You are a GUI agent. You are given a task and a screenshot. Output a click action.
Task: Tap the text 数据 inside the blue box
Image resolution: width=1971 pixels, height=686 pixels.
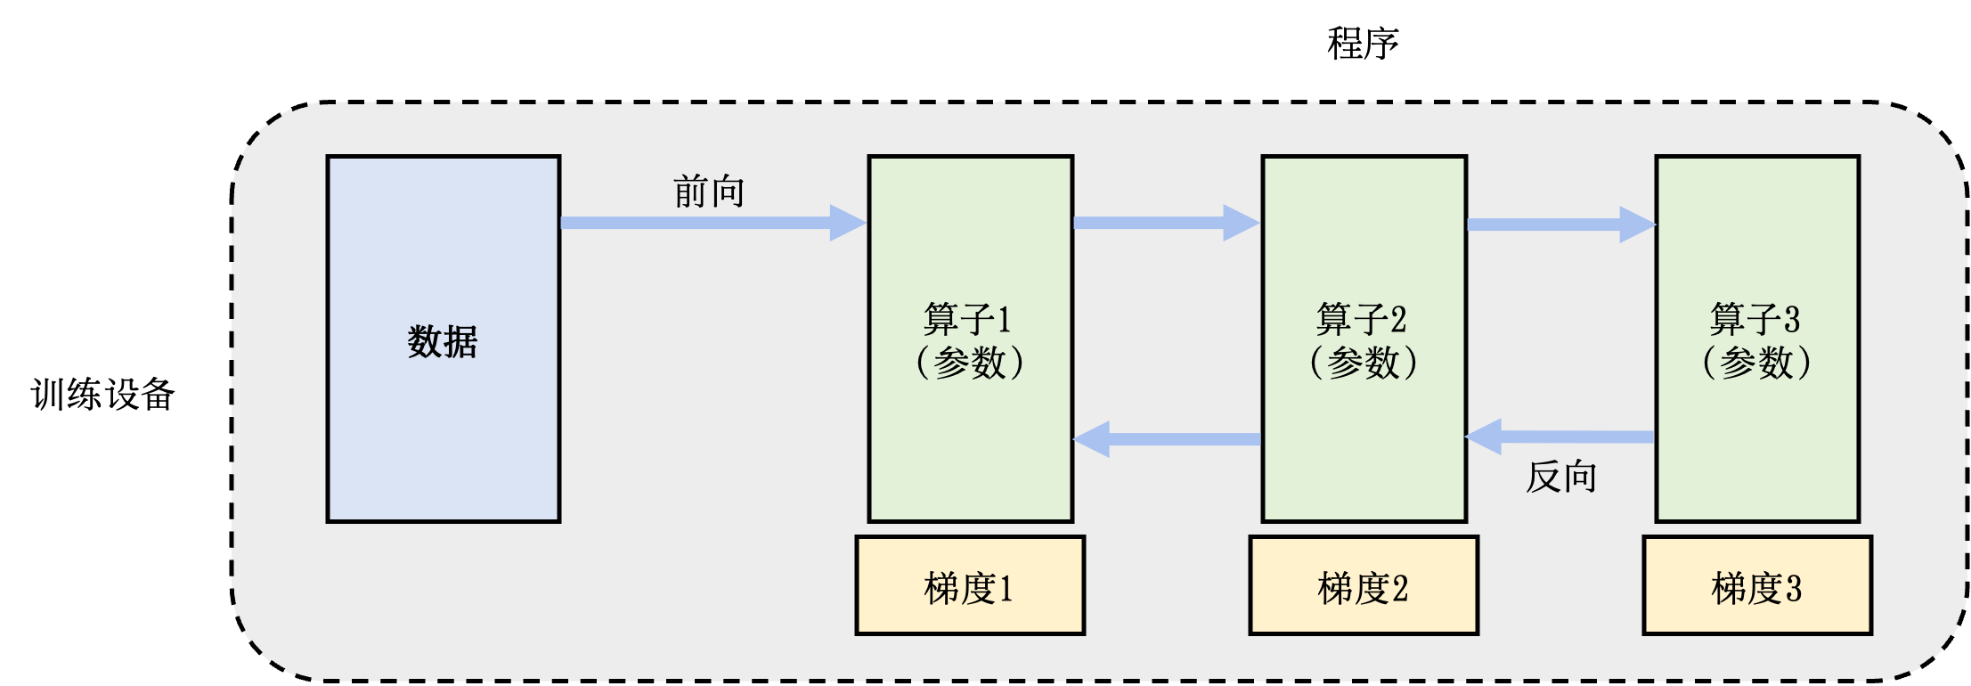443,341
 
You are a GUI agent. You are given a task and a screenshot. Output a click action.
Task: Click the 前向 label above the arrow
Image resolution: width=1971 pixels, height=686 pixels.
709,192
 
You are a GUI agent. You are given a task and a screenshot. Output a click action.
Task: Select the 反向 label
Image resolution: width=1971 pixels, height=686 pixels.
1561,478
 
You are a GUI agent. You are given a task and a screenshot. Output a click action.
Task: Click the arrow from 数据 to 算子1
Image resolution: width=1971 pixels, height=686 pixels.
695,223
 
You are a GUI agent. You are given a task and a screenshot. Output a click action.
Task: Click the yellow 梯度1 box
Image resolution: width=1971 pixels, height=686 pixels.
970,586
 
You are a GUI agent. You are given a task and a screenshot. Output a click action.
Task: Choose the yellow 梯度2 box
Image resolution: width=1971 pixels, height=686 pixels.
1364,586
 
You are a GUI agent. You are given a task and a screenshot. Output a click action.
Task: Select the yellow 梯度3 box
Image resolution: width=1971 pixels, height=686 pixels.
1757,586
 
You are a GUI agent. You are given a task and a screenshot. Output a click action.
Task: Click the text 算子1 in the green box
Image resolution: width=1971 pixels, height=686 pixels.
968,319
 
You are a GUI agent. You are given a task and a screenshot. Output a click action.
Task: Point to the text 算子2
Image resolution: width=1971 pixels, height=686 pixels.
1362,319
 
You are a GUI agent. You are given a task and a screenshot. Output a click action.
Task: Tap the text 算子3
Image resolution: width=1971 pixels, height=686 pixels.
1755,319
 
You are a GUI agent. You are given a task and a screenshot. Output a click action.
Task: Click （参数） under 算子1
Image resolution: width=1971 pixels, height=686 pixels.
970,363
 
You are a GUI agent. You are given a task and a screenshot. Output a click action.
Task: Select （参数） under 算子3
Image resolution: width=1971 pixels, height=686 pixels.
1757,363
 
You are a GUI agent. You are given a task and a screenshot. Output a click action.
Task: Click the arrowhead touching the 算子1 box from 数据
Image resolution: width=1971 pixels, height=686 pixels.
848,223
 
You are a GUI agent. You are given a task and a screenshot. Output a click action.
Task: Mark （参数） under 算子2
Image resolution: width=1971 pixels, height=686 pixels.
1364,363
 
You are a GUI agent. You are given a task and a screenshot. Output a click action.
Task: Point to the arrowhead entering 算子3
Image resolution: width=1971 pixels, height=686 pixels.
1637,225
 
